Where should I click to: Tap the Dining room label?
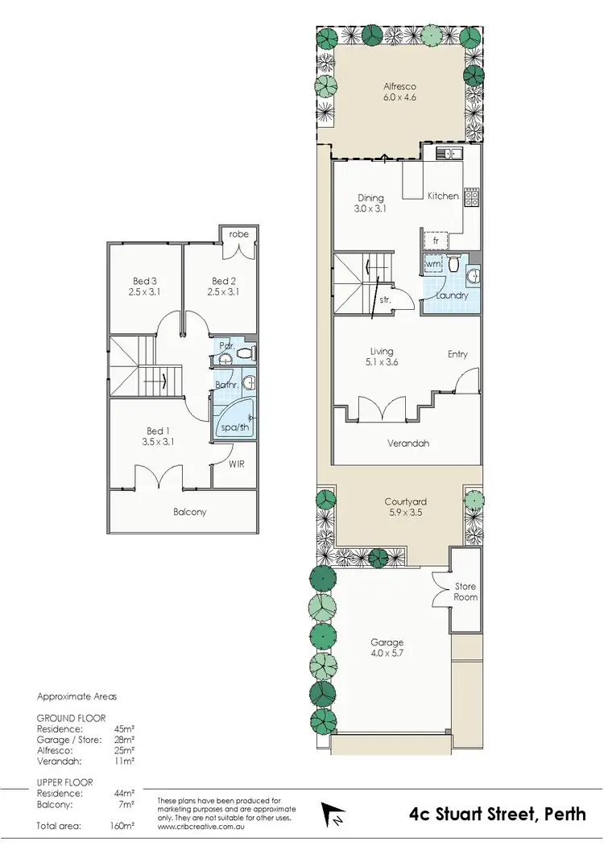370,203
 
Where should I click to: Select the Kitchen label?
443,196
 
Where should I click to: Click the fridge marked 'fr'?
436,241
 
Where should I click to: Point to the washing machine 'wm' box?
432,264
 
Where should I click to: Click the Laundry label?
452,295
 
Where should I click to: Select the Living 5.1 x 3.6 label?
382,357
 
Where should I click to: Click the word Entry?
457,354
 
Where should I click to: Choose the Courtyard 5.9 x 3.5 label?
399,506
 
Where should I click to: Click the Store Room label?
465,592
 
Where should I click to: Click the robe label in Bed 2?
238,234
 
